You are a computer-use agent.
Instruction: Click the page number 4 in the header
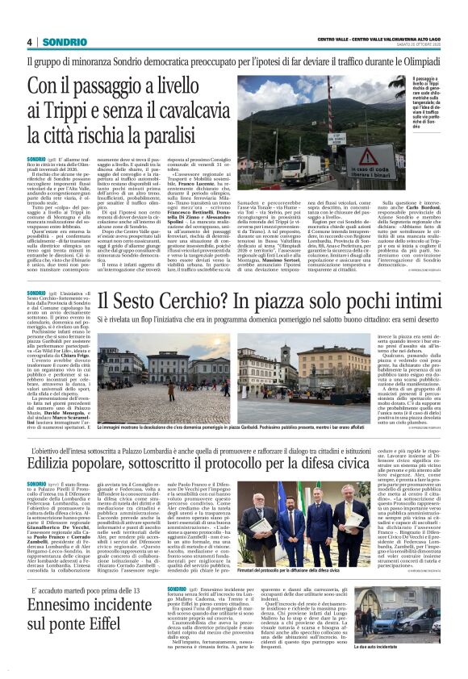click(29, 41)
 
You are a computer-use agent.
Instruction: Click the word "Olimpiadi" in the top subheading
click(419, 61)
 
